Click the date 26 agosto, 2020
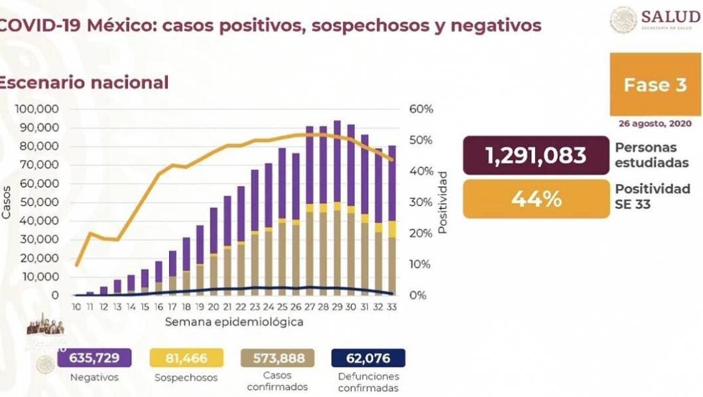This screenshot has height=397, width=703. click(653, 123)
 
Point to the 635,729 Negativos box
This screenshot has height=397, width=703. click(94, 358)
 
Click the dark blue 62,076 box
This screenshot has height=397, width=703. click(368, 358)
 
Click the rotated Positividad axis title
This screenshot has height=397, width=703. click(442, 202)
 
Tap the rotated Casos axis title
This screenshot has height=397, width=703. click(7, 202)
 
